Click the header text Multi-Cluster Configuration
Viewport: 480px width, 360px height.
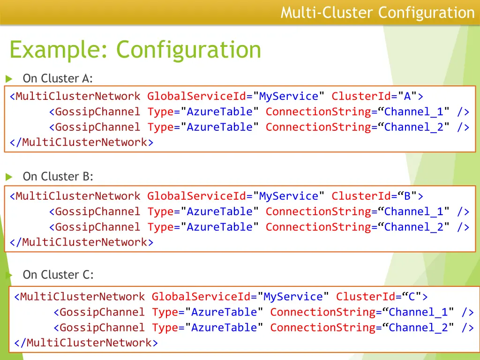click(x=377, y=13)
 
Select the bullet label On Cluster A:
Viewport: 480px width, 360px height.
click(x=58, y=78)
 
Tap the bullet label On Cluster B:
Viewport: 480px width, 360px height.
click(x=58, y=177)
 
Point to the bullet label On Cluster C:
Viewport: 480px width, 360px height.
click(x=58, y=275)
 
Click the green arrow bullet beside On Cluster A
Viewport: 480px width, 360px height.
click(x=8, y=79)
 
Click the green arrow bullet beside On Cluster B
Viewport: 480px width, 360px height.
click(x=8, y=177)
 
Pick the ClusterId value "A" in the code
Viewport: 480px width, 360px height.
click(x=407, y=97)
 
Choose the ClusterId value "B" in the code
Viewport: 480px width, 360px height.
click(x=407, y=196)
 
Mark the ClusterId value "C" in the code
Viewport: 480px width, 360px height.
click(x=412, y=297)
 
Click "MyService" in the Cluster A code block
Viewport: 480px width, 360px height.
click(x=289, y=97)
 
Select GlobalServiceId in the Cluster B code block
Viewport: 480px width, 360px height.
click(x=196, y=196)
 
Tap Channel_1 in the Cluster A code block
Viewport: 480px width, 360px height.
click(x=413, y=112)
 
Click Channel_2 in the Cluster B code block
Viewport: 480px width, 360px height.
click(x=413, y=227)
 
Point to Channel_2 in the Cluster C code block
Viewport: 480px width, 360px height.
click(x=418, y=328)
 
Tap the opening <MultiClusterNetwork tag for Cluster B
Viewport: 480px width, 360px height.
click(x=75, y=196)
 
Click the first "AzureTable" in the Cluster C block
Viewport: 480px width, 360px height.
click(x=225, y=312)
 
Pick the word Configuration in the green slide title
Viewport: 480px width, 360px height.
click(x=189, y=50)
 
